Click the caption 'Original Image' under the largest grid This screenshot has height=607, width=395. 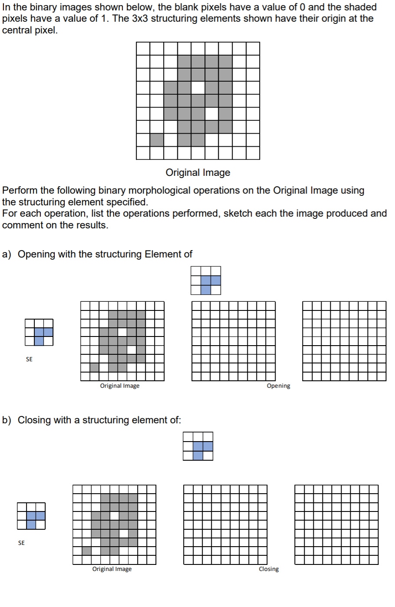pyautogui.click(x=198, y=172)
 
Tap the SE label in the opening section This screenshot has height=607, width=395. pyautogui.click(x=29, y=359)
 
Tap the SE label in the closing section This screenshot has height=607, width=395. pyautogui.click(x=21, y=543)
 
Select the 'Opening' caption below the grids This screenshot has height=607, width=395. pyautogui.click(x=278, y=386)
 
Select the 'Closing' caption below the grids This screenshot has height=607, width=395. pyautogui.click(x=269, y=569)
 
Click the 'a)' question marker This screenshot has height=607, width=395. pyautogui.click(x=7, y=254)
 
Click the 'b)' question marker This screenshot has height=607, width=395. pyautogui.click(x=7, y=420)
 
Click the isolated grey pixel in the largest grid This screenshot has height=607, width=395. pyautogui.click(x=157, y=140)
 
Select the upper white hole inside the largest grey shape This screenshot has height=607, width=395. pyautogui.click(x=198, y=88)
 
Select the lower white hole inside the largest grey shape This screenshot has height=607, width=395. pyautogui.click(x=212, y=114)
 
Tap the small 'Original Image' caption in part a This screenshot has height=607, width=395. pyautogui.click(x=120, y=386)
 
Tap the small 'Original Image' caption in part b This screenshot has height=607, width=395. pyautogui.click(x=112, y=569)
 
